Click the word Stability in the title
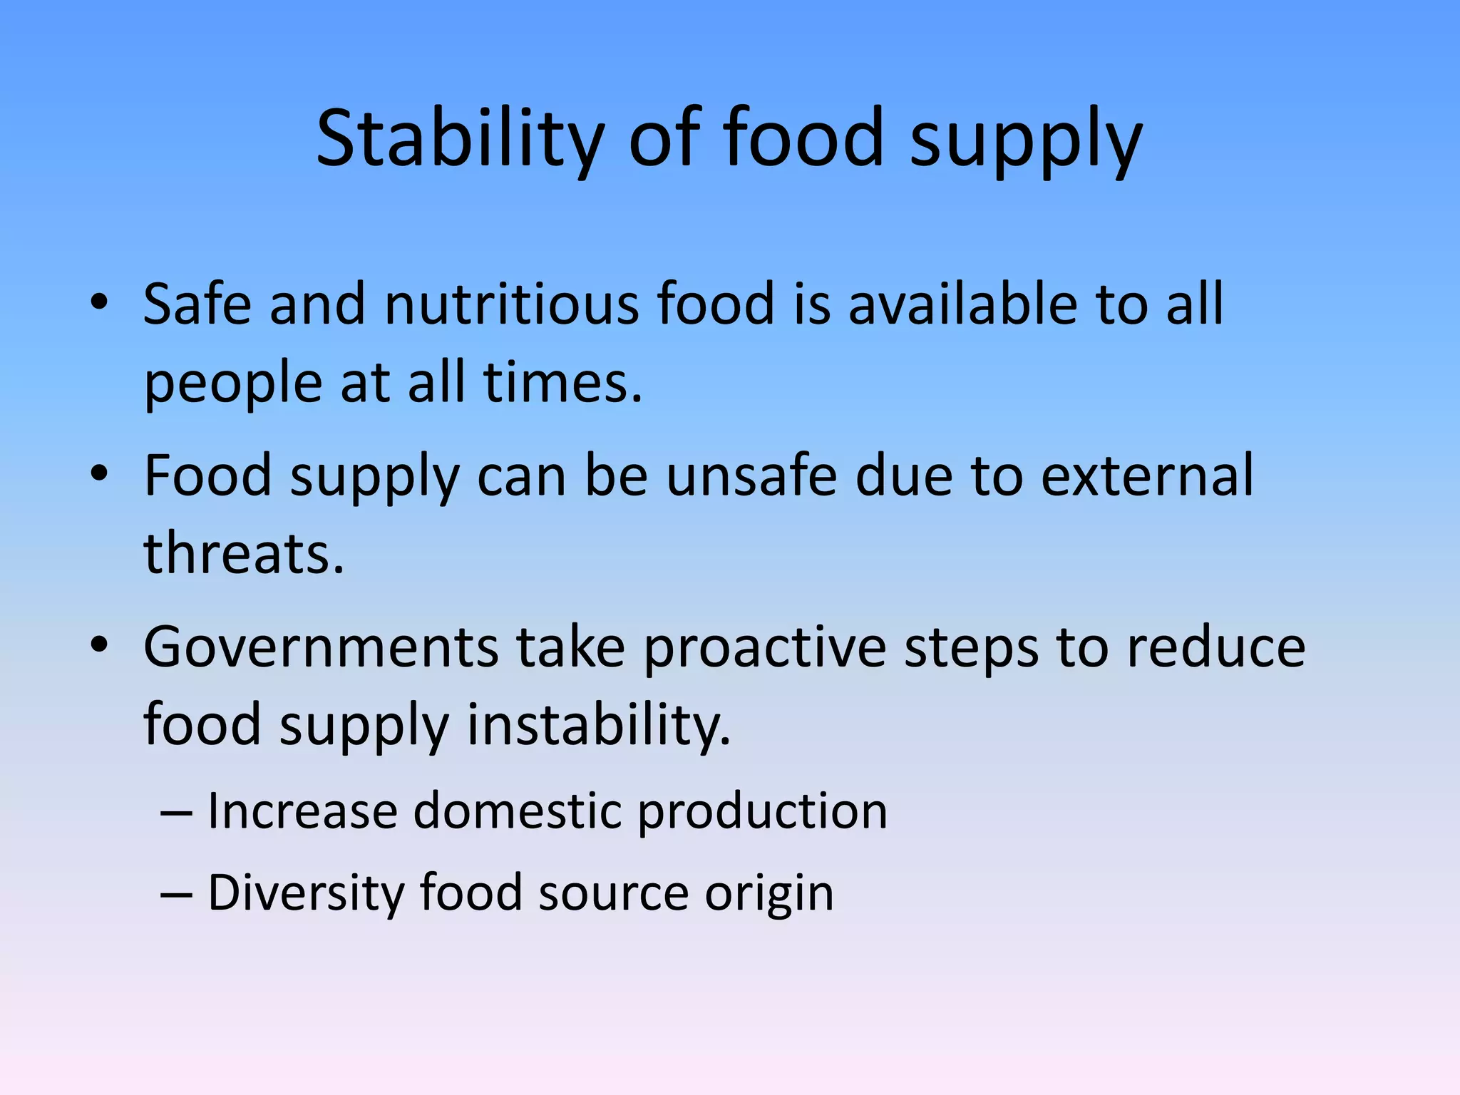click(x=460, y=139)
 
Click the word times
click(x=562, y=383)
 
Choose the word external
click(x=1147, y=475)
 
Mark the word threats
click(x=244, y=554)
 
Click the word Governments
click(x=321, y=647)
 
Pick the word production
click(x=762, y=813)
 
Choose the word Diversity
click(x=305, y=893)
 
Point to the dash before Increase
click(x=176, y=813)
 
